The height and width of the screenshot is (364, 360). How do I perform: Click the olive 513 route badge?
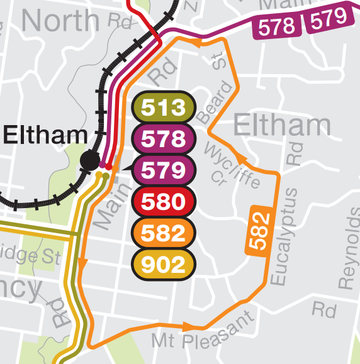164,108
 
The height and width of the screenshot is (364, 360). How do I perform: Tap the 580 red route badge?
164,202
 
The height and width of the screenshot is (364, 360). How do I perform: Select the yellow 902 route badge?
164,264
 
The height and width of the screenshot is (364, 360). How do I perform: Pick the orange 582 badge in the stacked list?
164,233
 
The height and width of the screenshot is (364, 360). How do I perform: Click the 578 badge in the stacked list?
164,139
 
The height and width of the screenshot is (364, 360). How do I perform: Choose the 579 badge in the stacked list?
164,170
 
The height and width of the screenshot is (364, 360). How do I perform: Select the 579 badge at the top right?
327,18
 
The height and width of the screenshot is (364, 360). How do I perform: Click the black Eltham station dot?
89,160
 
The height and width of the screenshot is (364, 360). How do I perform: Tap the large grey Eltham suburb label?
282,126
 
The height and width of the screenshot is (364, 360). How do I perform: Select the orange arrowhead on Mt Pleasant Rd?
188,327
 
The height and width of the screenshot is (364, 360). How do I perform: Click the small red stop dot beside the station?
109,167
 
